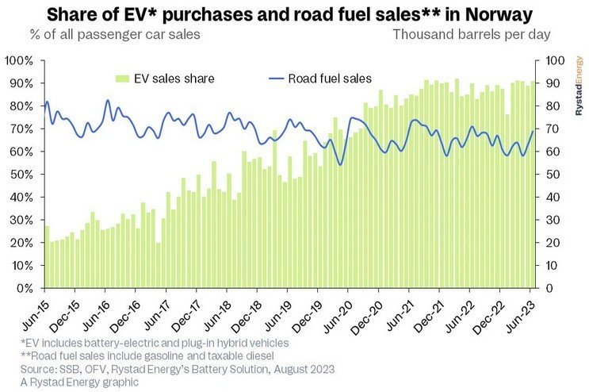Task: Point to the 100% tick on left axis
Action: pos(17,61)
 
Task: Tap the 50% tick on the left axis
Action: pos(19,175)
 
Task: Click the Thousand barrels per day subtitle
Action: pos(471,34)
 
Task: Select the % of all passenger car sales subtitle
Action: pos(115,34)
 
